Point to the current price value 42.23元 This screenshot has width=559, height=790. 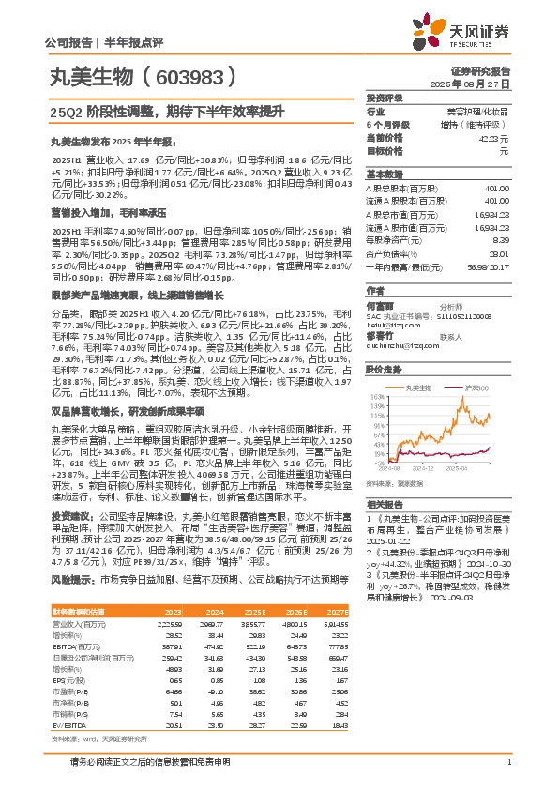coord(493,137)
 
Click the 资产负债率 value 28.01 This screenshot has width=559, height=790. coord(499,253)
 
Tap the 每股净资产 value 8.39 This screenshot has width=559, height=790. coord(501,240)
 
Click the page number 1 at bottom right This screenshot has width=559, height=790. coord(507,761)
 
